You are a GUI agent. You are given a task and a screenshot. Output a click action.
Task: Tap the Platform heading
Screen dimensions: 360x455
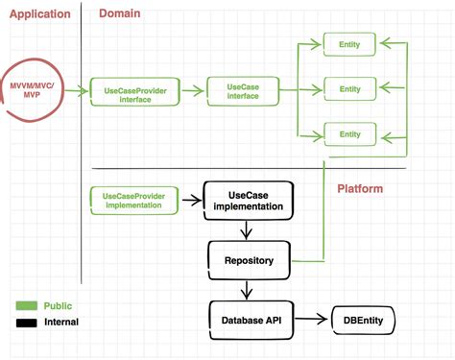[x=360, y=189]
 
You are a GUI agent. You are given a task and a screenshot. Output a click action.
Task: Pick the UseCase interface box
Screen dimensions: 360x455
[x=241, y=90]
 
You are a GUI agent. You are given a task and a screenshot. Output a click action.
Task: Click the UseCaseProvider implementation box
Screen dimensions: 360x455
[x=133, y=201]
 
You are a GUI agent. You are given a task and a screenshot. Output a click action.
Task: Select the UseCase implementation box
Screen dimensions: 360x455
[x=248, y=201]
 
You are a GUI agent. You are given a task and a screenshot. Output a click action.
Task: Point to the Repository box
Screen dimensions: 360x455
[x=248, y=259]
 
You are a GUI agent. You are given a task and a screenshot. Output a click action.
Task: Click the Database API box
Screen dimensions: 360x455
[x=249, y=319]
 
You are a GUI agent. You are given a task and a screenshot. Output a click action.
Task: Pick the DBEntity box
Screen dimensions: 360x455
[x=363, y=319]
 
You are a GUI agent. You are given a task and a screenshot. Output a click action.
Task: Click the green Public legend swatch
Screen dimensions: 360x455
[x=25, y=305]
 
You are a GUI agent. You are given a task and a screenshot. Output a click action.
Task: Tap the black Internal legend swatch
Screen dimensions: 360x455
[x=25, y=323]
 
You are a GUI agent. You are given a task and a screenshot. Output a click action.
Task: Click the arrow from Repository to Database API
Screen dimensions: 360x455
[x=248, y=289]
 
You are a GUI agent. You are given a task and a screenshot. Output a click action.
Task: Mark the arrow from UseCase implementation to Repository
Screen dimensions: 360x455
[x=248, y=230]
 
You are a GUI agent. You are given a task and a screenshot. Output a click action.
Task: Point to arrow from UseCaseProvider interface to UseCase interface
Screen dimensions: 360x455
[x=194, y=93]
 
